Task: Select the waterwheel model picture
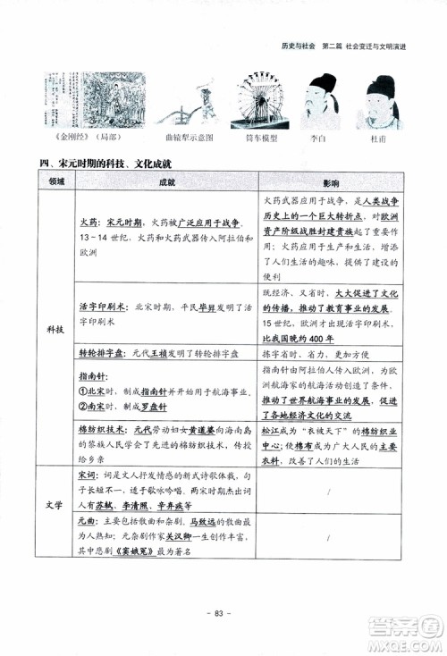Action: (x=259, y=102)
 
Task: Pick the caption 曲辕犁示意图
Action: (x=185, y=139)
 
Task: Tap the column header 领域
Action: (x=57, y=181)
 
